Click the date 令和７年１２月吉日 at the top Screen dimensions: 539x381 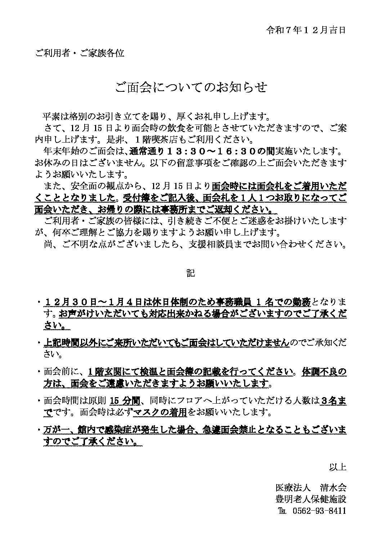click(x=306, y=30)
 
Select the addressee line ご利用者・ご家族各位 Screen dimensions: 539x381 click(x=80, y=53)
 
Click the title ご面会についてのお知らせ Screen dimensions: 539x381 click(x=190, y=87)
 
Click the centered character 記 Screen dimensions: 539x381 click(x=190, y=273)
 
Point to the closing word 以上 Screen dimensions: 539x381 click(x=337, y=467)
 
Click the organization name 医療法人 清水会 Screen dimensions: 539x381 click(x=310, y=488)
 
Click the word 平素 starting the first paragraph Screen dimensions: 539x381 click(x=50, y=117)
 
